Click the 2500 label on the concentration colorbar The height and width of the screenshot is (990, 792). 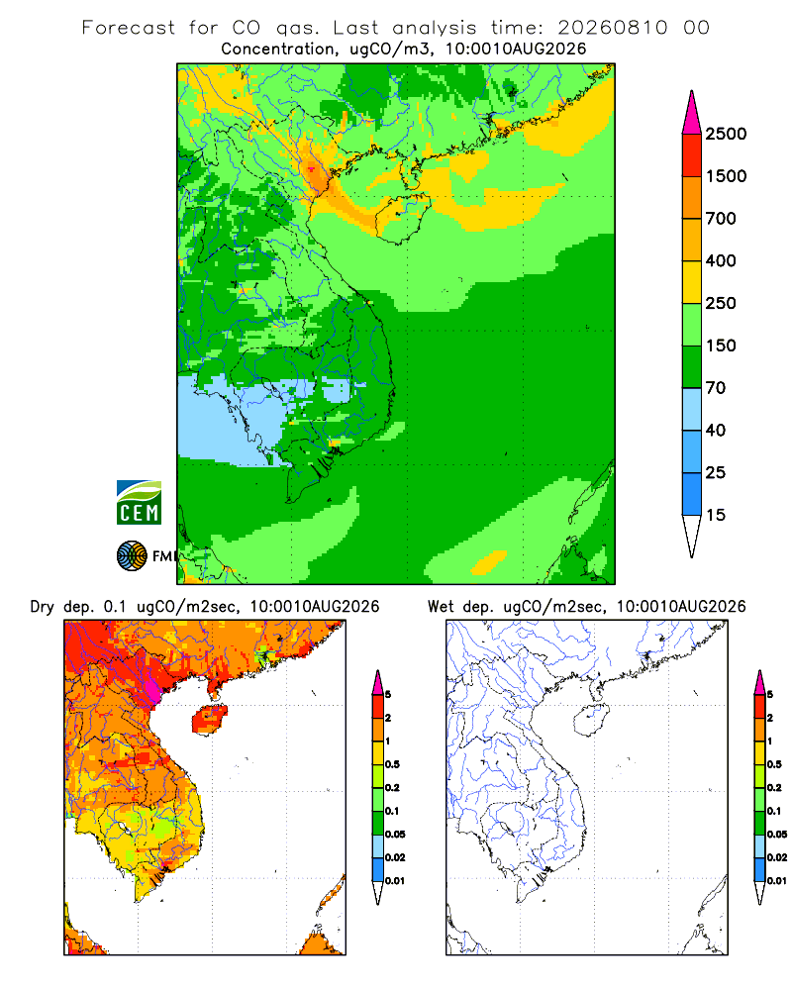[x=726, y=134]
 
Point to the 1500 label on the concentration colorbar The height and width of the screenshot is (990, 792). [x=726, y=176]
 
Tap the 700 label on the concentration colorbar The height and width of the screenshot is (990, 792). [x=721, y=219]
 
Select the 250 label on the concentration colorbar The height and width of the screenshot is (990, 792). [x=721, y=303]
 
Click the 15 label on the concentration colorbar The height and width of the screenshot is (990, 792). [x=716, y=515]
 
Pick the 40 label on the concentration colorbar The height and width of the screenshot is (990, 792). [x=716, y=430]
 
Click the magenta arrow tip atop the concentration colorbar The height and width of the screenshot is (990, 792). [x=692, y=112]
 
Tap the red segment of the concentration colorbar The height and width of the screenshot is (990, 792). [x=692, y=155]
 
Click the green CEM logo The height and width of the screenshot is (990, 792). [x=139, y=503]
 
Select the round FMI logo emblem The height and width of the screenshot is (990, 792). [x=132, y=556]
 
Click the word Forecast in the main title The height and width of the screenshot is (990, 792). [x=129, y=28]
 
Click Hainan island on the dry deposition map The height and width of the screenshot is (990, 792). [x=209, y=721]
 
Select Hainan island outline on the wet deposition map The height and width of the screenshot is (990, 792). [x=590, y=721]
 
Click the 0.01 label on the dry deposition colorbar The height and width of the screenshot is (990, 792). [x=395, y=881]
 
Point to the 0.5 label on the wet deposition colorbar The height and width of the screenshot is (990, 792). [x=773, y=764]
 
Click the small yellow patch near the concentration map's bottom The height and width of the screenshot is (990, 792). [x=489, y=562]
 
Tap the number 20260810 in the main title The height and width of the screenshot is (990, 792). [x=612, y=28]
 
